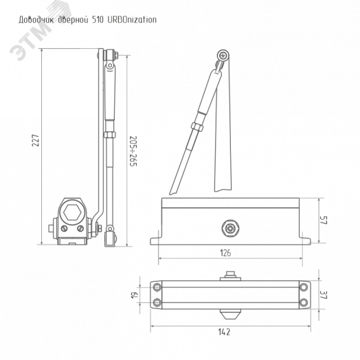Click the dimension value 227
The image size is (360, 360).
(36, 140)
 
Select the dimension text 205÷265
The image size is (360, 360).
(133, 151)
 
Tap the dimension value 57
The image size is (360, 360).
(324, 220)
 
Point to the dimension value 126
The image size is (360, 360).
(225, 253)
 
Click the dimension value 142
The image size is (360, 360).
(224, 332)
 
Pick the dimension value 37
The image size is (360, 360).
(324, 295)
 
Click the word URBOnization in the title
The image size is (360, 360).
(132, 20)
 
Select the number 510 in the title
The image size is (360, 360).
(98, 20)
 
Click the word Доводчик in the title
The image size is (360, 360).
(36, 20)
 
